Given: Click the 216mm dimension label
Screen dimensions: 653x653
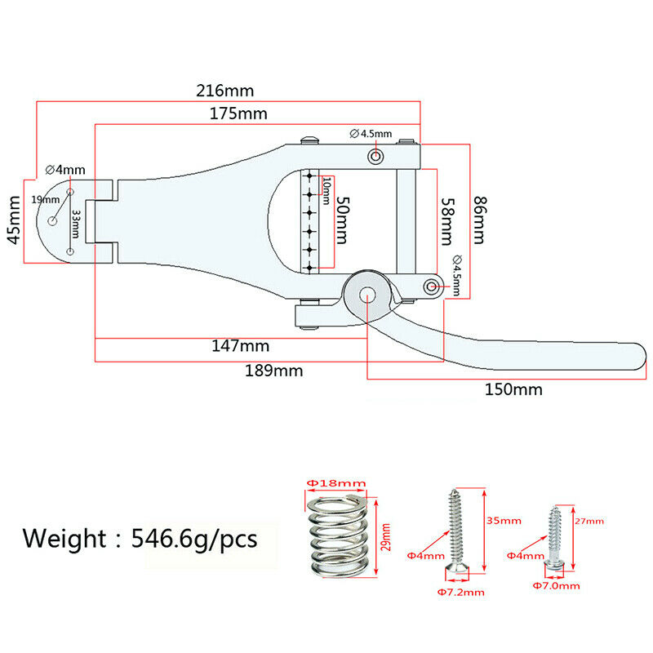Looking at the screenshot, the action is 225,91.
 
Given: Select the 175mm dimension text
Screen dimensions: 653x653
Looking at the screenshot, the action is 238,113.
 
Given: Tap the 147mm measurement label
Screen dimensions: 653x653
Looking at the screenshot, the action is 241,345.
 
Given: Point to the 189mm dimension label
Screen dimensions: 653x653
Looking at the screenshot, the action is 273,371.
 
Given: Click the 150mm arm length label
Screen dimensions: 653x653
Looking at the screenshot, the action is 513,389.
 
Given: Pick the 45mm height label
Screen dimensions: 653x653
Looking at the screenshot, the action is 14,220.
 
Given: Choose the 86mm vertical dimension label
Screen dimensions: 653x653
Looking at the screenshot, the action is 479,220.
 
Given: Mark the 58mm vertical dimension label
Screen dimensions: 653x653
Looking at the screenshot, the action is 446,221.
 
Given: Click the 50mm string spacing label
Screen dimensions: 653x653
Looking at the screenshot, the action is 342,220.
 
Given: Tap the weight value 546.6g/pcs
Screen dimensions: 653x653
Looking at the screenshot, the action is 194,539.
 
